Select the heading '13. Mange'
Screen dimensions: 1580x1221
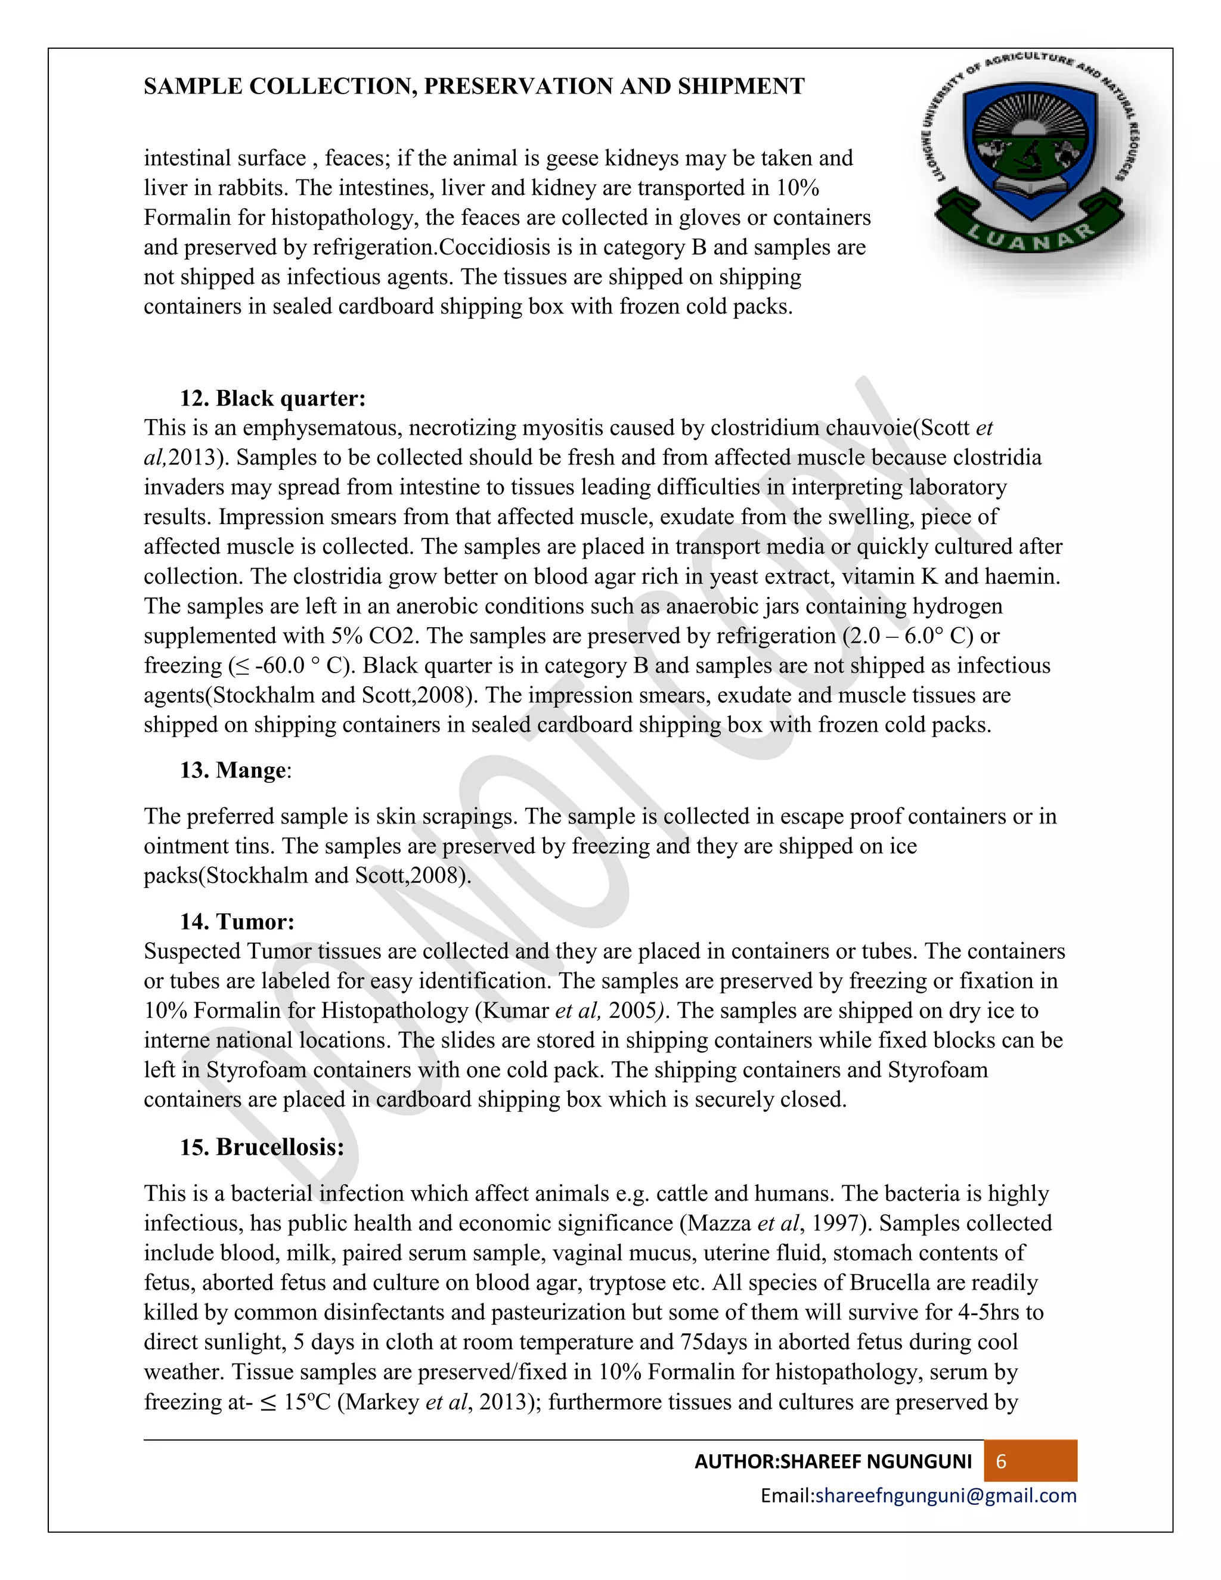[x=235, y=770]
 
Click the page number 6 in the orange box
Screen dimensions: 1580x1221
[x=1001, y=1461]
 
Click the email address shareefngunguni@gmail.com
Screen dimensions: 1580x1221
[x=946, y=1495]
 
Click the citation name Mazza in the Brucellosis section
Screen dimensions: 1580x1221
[x=719, y=1223]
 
